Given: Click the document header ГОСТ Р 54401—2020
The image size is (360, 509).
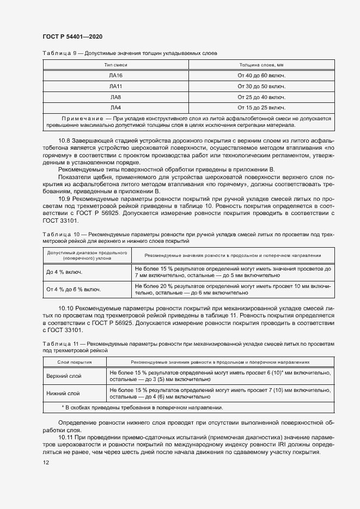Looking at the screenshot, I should (72, 36).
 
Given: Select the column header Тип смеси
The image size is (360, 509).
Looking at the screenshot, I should (115, 65).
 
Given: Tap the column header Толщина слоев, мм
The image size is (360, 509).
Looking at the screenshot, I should (261, 65).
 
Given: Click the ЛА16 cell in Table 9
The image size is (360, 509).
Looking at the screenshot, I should (115, 76).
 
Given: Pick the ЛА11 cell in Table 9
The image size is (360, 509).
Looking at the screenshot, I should (115, 86).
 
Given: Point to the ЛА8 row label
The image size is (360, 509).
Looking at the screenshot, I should (115, 97).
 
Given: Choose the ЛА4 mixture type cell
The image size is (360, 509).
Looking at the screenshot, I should (115, 107).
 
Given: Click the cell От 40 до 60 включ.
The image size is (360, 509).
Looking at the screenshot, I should (261, 76).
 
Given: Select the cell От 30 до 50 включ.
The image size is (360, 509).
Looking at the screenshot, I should (261, 86).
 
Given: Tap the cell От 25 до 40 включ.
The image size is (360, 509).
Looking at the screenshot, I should (261, 97).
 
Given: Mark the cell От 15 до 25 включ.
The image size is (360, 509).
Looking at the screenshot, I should (261, 107).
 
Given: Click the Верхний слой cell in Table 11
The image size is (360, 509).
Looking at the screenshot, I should (64, 376).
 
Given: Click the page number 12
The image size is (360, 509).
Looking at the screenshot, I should (46, 462).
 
